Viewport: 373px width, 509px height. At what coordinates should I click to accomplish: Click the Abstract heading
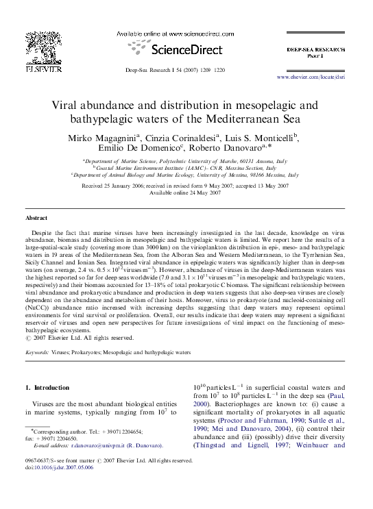36,218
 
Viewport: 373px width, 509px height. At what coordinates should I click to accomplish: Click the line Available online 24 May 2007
186,193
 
